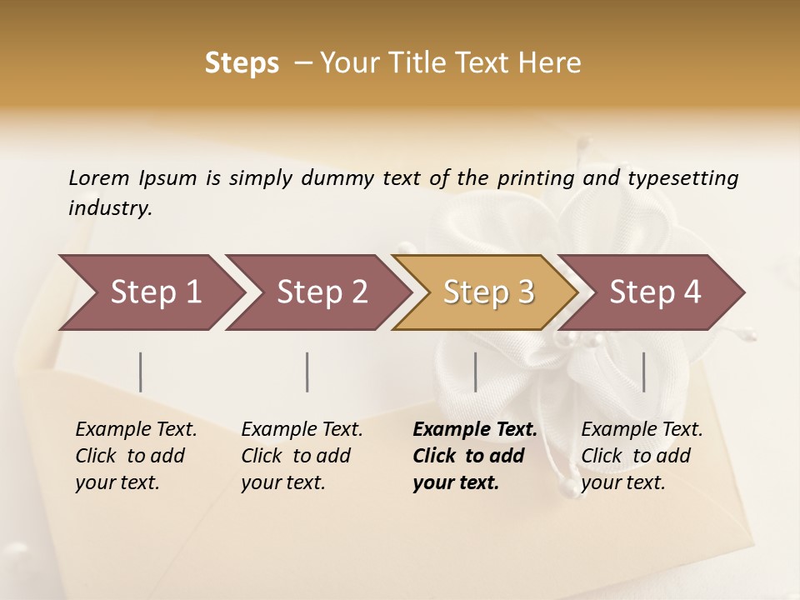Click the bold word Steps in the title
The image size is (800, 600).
(242, 63)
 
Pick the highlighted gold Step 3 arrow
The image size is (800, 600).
(488, 292)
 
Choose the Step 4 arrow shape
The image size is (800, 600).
(655, 292)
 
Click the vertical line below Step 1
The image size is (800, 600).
(141, 372)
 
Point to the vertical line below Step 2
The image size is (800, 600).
(307, 372)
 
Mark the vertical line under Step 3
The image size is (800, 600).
(475, 372)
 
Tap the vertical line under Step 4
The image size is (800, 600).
(643, 372)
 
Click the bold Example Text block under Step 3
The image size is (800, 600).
(474, 456)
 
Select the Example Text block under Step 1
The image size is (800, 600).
(136, 456)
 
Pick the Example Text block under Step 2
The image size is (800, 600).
(302, 456)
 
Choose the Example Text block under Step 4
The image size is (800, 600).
(642, 456)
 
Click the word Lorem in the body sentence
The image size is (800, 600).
(98, 178)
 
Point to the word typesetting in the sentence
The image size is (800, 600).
(682, 178)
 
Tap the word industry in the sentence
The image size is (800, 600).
(109, 208)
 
